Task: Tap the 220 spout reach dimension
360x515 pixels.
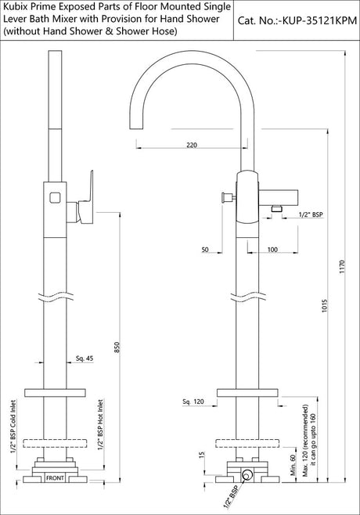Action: (x=193, y=143)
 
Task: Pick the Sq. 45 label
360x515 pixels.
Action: (x=85, y=359)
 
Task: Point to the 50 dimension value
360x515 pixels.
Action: (x=205, y=249)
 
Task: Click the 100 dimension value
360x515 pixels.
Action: (x=272, y=249)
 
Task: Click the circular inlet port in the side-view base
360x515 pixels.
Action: (x=247, y=474)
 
